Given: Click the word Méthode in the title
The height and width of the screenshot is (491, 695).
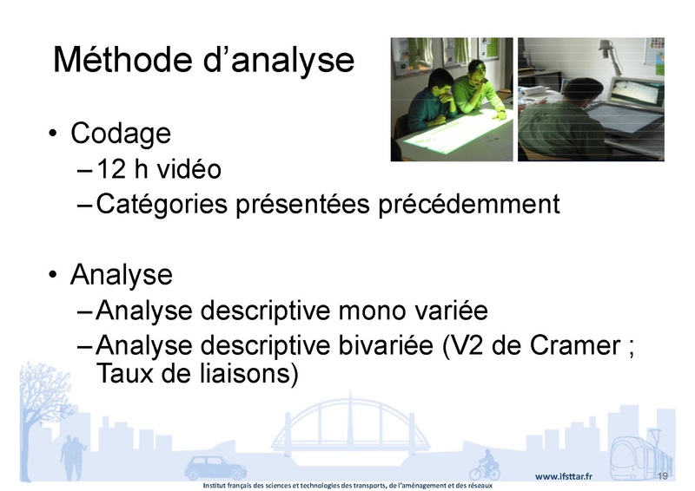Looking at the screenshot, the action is (122, 59).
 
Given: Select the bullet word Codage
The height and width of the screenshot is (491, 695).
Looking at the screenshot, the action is (121, 134).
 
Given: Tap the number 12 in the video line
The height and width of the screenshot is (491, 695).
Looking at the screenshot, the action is (111, 169).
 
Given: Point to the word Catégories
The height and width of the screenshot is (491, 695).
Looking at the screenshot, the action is (162, 205).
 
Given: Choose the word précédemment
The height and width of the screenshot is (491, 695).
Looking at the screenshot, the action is (469, 205).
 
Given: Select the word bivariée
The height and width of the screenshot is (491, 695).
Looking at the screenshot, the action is (386, 345).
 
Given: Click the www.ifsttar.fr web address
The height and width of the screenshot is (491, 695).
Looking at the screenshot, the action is (563, 476).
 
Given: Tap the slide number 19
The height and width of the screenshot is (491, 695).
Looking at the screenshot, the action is (663, 476).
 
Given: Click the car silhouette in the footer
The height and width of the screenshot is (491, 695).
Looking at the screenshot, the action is (215, 467).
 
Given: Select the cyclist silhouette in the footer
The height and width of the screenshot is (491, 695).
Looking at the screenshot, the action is (485, 465).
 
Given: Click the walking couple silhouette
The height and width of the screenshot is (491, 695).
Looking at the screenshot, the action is (73, 458).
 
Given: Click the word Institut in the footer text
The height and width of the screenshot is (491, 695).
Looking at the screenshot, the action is (214, 486).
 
